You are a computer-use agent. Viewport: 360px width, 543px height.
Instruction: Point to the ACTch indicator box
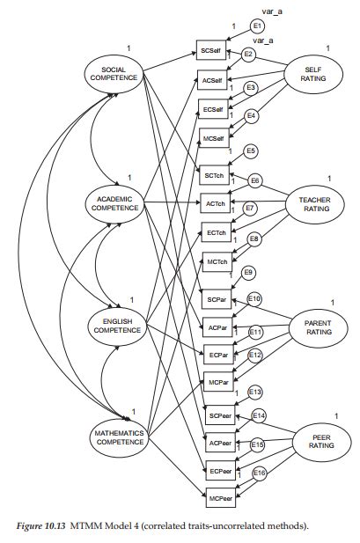click(216, 203)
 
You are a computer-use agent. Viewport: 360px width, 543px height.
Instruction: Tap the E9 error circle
click(249, 273)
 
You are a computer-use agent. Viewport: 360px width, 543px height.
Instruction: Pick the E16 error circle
click(260, 473)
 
